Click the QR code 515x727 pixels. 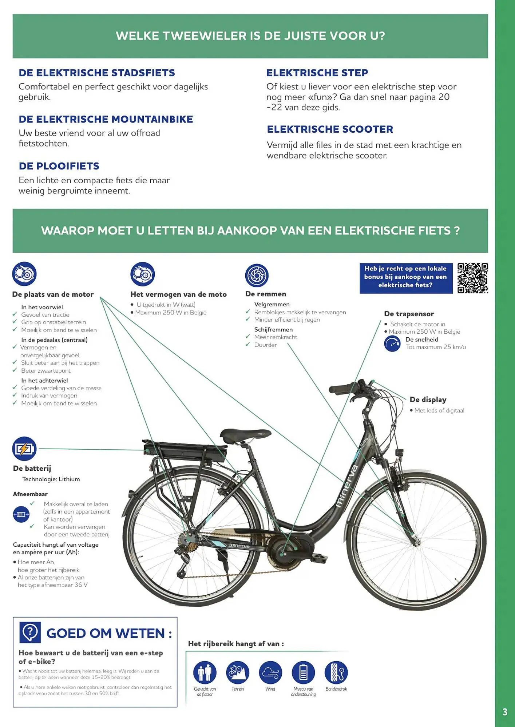[472, 278]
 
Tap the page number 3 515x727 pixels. [504, 712]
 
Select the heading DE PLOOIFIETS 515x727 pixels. [59, 166]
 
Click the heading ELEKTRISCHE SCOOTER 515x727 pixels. [330, 129]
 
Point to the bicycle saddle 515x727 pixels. [240, 435]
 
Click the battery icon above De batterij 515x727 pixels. [24, 449]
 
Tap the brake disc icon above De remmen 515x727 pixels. [257, 276]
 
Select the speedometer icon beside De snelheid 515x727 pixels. [392, 344]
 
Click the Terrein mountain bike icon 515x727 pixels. [238, 672]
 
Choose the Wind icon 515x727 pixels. [270, 672]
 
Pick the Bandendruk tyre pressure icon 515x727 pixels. [336, 672]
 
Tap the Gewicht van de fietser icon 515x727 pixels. [205, 672]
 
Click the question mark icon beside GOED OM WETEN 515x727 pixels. [30, 632]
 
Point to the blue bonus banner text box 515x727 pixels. [405, 278]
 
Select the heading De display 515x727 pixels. [428, 399]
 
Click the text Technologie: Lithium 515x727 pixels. [51, 479]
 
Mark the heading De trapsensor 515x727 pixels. [409, 314]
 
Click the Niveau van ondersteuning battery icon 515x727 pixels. [303, 672]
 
